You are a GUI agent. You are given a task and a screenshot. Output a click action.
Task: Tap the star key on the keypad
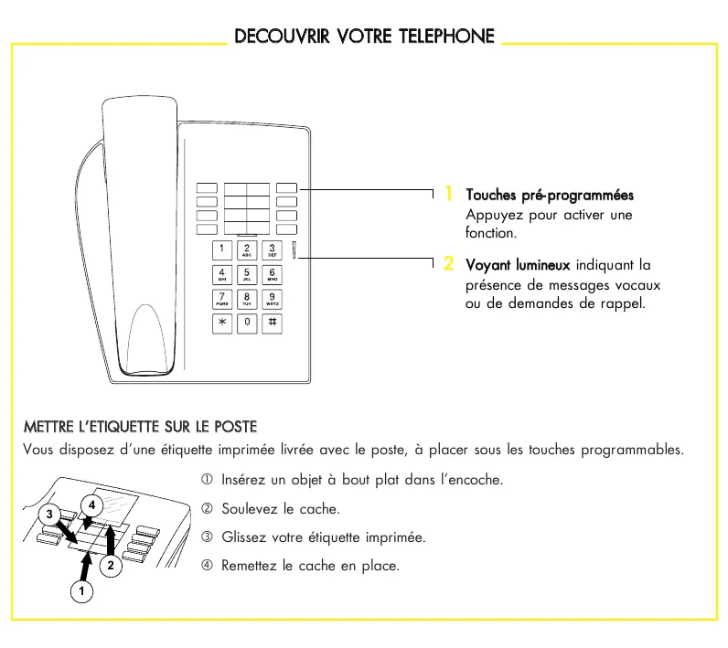[x=222, y=323]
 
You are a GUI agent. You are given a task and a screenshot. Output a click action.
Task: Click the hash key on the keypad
[x=273, y=323]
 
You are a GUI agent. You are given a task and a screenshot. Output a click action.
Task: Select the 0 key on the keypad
[x=247, y=323]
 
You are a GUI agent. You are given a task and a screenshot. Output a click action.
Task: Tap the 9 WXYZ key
[x=273, y=299]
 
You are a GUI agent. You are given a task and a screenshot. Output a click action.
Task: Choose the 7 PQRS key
[x=222, y=299]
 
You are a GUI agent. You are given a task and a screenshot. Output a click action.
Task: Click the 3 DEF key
[x=273, y=250]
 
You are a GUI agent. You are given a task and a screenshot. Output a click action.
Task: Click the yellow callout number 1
[x=449, y=194]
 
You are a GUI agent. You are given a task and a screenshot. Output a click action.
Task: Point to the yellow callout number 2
[x=449, y=264]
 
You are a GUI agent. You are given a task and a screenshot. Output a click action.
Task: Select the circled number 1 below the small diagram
[x=80, y=592]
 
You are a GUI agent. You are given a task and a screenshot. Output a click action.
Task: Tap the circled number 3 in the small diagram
[x=52, y=514]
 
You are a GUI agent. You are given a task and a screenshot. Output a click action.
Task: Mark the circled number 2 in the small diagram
[x=110, y=566]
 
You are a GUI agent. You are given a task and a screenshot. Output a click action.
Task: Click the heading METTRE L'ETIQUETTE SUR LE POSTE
[x=140, y=427]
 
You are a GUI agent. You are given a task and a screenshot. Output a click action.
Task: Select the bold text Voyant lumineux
[x=518, y=266]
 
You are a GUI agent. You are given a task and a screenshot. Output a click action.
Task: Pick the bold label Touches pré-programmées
[x=550, y=196]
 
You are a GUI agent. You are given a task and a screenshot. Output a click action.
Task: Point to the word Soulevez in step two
[x=250, y=509]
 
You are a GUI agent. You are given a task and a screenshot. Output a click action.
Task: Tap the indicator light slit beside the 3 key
[x=295, y=250]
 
